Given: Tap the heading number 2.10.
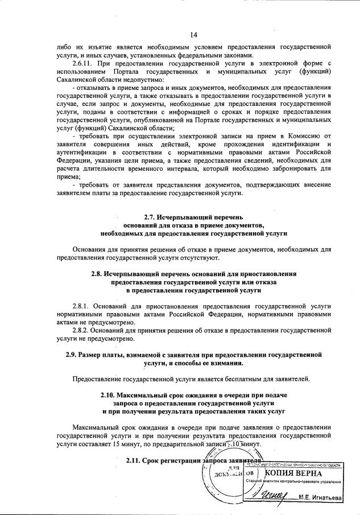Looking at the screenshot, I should (102, 395).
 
